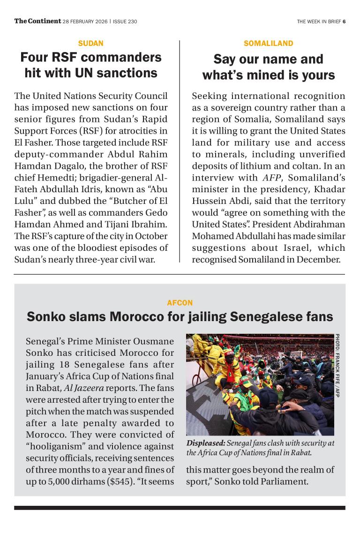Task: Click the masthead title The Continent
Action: click(x=37, y=21)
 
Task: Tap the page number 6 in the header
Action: click(x=344, y=21)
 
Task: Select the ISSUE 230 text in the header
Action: click(x=125, y=21)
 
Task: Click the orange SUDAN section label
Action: click(x=91, y=44)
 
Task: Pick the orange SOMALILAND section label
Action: click(x=269, y=44)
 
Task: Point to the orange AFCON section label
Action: click(x=180, y=303)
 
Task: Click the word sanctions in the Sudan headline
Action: click(x=128, y=73)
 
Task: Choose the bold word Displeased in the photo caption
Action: click(x=205, y=443)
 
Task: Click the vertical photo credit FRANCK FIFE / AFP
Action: click(x=337, y=366)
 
